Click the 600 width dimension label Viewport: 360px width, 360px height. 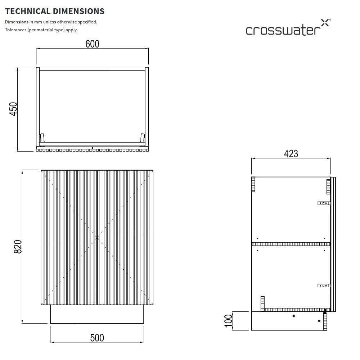tap(92, 44)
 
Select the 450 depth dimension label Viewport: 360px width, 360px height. tap(13, 109)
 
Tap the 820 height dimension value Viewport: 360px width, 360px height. tap(18, 247)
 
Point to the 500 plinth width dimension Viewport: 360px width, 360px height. tap(97, 338)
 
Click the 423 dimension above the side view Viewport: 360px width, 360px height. tap(291, 154)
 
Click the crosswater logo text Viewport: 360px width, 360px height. tap(281, 30)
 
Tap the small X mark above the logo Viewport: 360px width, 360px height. tap(324, 22)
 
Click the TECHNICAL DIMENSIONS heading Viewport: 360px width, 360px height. tap(55, 11)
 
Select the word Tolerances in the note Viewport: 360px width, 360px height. tap(16, 30)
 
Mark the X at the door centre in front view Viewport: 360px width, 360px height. tap(97, 238)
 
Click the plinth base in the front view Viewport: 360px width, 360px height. tap(97, 314)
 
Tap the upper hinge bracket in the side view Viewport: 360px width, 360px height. tap(324, 203)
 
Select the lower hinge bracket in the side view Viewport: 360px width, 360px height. tap(324, 285)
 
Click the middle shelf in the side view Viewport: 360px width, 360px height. tap(291, 244)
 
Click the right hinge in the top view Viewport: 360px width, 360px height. tap(143, 138)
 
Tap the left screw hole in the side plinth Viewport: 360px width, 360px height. tap(294, 316)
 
